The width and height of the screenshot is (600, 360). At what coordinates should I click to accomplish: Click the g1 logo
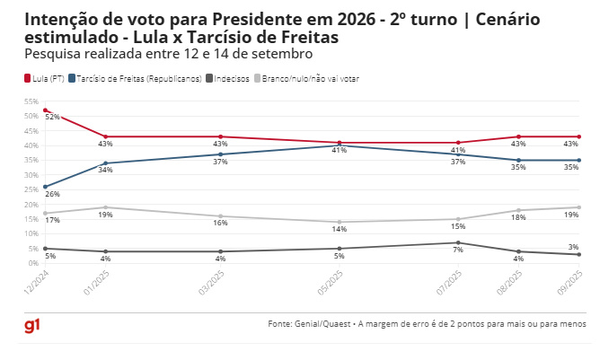[31, 324]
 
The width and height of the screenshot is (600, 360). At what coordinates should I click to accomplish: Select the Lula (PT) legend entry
[46, 79]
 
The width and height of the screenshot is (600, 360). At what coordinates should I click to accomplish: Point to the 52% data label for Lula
[52, 117]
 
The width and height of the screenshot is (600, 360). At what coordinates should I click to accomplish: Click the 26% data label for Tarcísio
[52, 194]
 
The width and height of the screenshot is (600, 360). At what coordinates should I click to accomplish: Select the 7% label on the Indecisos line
[458, 250]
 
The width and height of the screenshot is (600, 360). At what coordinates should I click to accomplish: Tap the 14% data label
[340, 230]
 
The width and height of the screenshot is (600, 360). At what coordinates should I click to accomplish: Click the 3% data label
[572, 246]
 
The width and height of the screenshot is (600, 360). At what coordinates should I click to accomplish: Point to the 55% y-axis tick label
[31, 101]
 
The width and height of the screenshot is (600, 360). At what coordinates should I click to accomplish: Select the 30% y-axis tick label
[31, 175]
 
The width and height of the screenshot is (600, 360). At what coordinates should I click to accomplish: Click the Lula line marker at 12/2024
[45, 110]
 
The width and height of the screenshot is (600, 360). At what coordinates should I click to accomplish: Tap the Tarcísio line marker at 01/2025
[106, 163]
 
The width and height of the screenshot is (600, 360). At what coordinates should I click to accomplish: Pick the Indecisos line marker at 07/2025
[458, 242]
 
